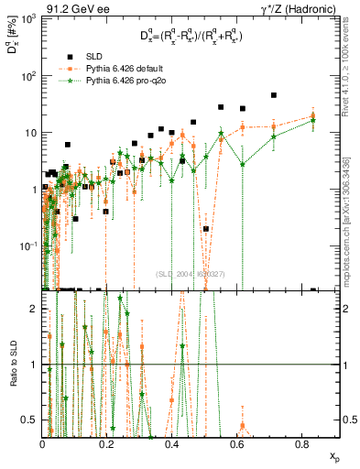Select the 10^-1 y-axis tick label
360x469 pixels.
(28, 245)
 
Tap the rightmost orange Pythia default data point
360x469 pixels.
(313, 116)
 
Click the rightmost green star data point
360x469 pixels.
(313, 121)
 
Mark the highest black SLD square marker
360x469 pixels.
(274, 95)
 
